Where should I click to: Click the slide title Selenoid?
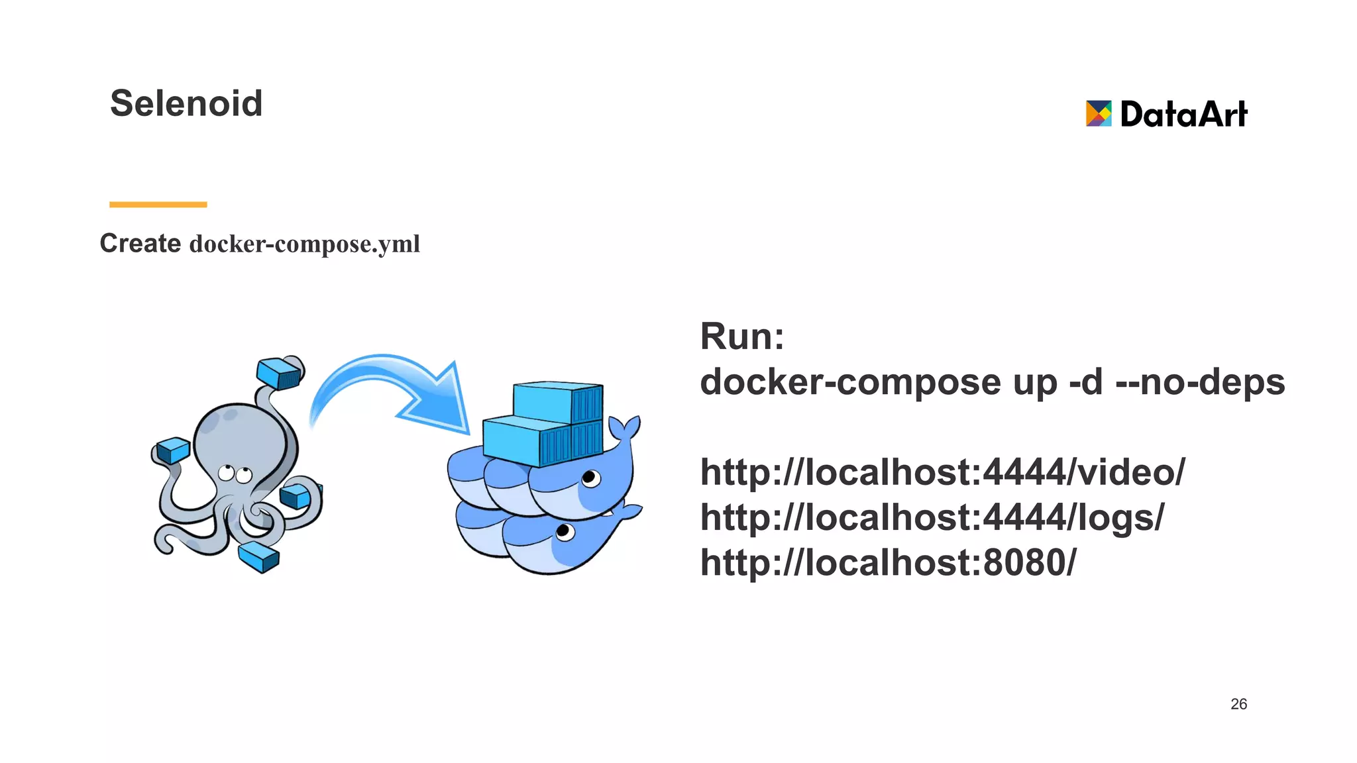(x=186, y=103)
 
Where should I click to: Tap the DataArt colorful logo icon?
(x=1098, y=114)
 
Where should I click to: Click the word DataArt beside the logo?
(x=1183, y=114)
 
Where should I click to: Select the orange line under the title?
(x=158, y=205)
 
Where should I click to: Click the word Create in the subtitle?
(x=140, y=243)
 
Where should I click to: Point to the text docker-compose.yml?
(x=305, y=244)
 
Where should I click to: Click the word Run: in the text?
(x=742, y=336)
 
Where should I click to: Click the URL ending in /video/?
(x=942, y=472)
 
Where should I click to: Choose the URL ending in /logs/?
(x=932, y=517)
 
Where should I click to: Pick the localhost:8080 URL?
(x=888, y=562)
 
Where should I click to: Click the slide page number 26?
(x=1238, y=704)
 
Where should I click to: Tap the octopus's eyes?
(x=235, y=474)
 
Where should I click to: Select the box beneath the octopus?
(x=259, y=556)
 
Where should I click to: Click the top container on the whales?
(x=558, y=401)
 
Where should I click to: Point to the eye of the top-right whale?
(x=590, y=478)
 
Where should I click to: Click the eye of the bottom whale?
(x=565, y=531)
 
